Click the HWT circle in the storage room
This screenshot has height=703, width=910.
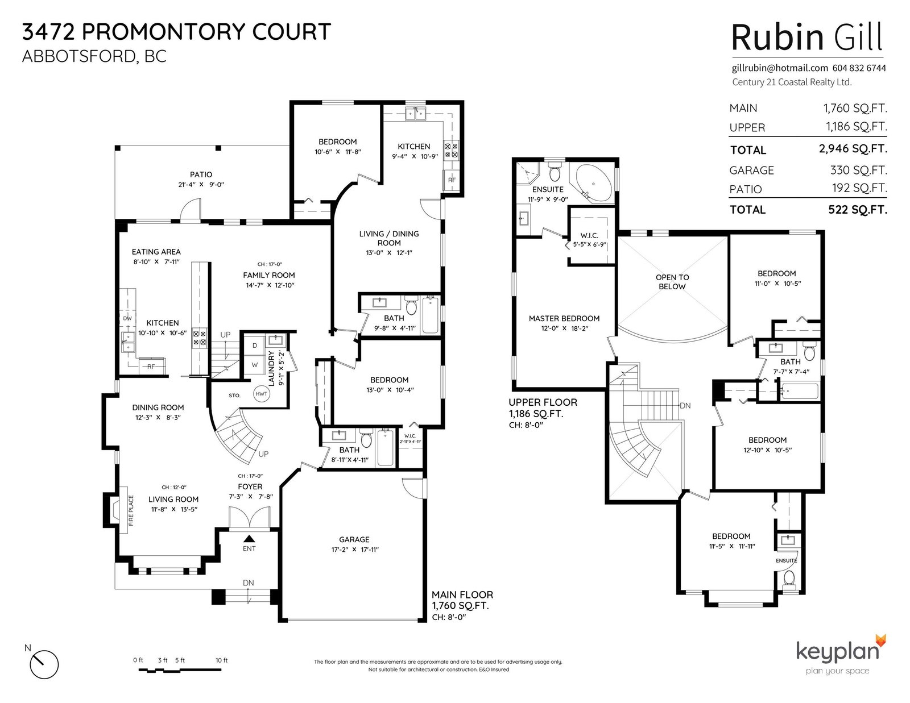tap(261, 394)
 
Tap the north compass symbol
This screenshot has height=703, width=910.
tap(44, 664)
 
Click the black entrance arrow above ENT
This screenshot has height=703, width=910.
tap(249, 539)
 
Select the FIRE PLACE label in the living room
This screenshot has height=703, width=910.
tap(131, 510)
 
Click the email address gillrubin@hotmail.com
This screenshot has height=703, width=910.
tap(780, 68)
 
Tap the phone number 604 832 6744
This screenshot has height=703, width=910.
tap(859, 68)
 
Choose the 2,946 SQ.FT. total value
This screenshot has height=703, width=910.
tap(853, 148)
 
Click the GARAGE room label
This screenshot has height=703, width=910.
tap(354, 539)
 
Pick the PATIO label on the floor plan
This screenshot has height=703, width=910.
tap(201, 174)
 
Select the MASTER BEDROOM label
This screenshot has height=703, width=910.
tap(564, 318)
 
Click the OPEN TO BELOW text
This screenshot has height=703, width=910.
tap(672, 282)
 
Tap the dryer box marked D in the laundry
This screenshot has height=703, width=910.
tap(254, 345)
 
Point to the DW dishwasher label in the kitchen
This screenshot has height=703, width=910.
tap(127, 318)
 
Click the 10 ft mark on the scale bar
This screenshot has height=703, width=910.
tap(222, 660)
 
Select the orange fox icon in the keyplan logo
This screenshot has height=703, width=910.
tap(881, 640)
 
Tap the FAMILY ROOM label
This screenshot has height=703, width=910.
tap(269, 275)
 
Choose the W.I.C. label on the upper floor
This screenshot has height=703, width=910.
tap(589, 236)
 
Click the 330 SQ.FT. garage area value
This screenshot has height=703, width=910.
tap(858, 170)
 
